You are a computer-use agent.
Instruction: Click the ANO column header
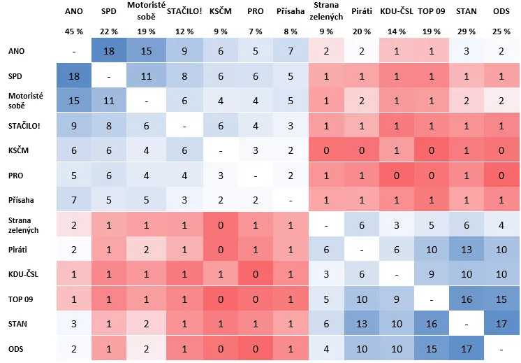pyautogui.click(x=73, y=12)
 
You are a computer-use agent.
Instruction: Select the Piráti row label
pyautogui.click(x=19, y=249)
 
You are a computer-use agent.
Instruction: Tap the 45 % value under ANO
pyautogui.click(x=73, y=32)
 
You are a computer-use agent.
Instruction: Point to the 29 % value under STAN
pyautogui.click(x=466, y=32)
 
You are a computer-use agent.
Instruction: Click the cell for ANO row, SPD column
pyautogui.click(x=109, y=51)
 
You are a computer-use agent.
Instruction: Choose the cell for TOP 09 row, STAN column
pyautogui.click(x=466, y=299)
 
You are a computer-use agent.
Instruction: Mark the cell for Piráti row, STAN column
pyautogui.click(x=466, y=249)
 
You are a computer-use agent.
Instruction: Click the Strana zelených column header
pyautogui.click(x=326, y=12)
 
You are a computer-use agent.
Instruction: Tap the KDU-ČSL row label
pyautogui.click(x=24, y=274)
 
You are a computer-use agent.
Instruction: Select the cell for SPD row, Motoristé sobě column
pyautogui.click(x=145, y=76)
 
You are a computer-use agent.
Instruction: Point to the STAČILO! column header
pyautogui.click(x=185, y=12)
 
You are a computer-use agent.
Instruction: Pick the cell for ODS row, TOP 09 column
pyautogui.click(x=431, y=348)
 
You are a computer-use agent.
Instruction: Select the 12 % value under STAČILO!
pyautogui.click(x=185, y=32)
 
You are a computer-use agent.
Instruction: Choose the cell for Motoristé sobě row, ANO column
pyautogui.click(x=73, y=101)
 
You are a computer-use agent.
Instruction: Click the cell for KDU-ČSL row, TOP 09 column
pyautogui.click(x=431, y=274)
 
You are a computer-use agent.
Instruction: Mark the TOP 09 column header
pyautogui.click(x=431, y=12)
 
